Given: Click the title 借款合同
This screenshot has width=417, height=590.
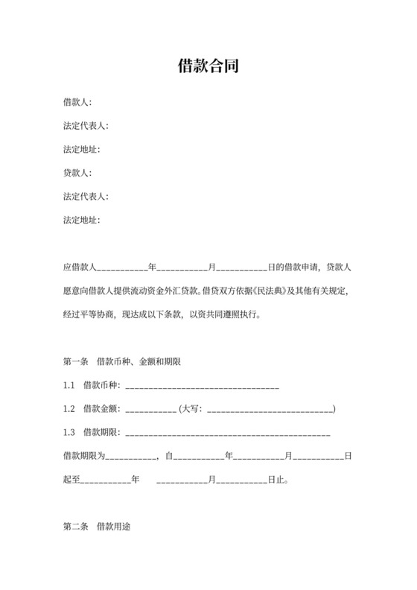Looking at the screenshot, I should click(x=208, y=66).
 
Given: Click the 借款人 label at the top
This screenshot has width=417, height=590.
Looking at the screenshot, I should click(x=77, y=102).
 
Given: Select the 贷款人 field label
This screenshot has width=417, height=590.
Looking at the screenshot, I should click(x=77, y=173).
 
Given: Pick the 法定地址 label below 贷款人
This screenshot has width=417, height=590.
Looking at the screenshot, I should click(x=81, y=221).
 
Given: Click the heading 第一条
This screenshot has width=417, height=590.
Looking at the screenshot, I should click(x=76, y=362).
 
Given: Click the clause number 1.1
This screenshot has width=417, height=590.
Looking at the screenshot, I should click(x=69, y=386).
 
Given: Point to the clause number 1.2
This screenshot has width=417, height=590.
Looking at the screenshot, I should click(x=69, y=409).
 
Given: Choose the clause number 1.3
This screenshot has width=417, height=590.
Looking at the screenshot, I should click(x=69, y=433).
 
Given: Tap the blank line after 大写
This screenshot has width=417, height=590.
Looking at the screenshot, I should click(x=270, y=409).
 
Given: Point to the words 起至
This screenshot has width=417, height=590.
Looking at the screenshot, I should click(x=71, y=480).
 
